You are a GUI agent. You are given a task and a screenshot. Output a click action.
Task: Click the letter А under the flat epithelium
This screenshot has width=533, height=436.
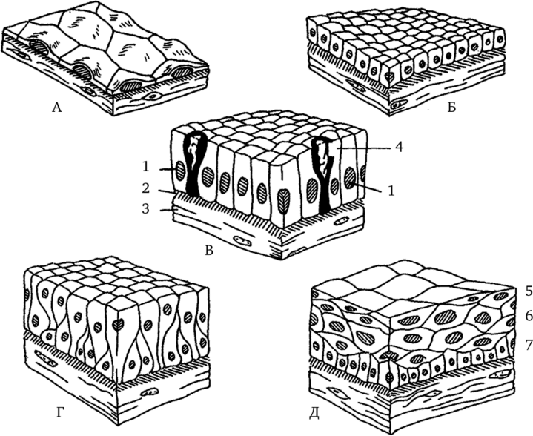click(57, 108)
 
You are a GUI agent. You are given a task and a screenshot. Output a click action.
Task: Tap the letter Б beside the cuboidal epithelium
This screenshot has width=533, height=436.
click(451, 108)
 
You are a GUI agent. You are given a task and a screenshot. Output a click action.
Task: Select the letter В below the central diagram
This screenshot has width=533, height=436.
click(209, 251)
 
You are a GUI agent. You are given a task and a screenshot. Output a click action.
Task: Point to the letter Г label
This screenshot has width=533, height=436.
click(60, 412)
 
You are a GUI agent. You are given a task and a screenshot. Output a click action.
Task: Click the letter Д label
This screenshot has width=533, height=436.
click(314, 413)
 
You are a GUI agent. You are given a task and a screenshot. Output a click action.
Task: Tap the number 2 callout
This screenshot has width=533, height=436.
click(145, 188)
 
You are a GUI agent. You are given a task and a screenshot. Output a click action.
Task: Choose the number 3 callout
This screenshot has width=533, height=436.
click(145, 208)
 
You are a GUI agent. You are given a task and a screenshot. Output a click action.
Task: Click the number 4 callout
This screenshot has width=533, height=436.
click(399, 148)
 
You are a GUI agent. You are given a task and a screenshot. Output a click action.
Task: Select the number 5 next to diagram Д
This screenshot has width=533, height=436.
click(529, 291)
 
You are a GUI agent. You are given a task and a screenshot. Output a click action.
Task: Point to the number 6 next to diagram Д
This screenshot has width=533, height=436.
click(529, 317)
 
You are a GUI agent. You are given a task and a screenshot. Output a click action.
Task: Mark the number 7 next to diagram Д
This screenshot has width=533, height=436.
click(529, 346)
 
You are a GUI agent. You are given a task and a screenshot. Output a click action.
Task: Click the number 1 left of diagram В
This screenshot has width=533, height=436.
click(145, 167)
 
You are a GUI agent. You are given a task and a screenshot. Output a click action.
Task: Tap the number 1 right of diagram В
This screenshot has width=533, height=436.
click(391, 191)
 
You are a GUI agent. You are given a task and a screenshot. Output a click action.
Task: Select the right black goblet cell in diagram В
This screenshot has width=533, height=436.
click(323, 170)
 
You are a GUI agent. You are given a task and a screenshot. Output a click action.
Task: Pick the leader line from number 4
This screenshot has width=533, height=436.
click(364, 148)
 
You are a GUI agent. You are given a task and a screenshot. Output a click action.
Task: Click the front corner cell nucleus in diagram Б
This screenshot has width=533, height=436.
click(388, 76)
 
